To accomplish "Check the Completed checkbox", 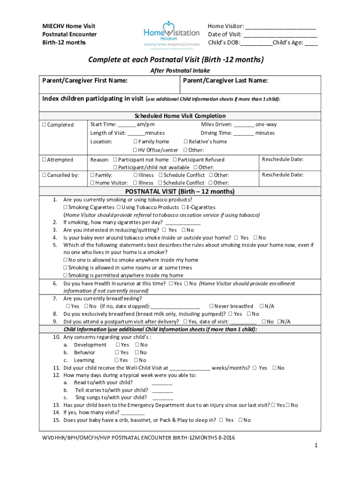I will [44, 125].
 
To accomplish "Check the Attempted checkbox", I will [44, 160].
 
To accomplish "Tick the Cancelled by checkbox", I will [44, 175].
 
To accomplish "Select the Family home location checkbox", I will [135, 142].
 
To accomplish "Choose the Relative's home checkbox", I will [186, 142].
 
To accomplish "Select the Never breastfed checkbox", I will [211, 306].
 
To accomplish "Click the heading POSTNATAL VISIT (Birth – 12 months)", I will [180, 191].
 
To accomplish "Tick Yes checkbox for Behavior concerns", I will [117, 353].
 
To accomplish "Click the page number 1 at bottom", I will [316, 446].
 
